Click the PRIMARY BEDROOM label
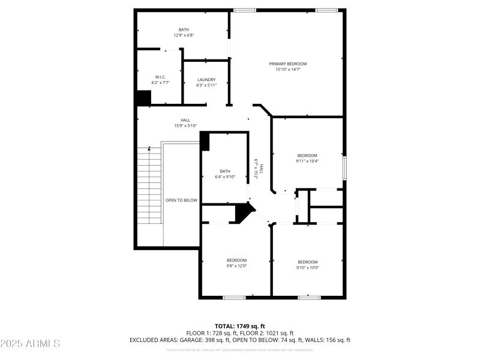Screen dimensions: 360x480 click(287, 64)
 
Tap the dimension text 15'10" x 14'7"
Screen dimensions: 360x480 click(287, 70)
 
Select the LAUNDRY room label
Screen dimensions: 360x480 click(206, 79)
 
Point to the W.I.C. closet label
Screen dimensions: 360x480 click(160, 77)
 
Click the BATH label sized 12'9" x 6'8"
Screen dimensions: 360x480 click(184, 29)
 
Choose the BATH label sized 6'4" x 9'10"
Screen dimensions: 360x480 click(225, 170)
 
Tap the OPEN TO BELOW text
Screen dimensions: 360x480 click(181, 200)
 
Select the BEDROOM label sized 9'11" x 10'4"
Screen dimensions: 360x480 click(307, 155)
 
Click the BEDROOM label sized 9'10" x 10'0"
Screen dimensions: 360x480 click(308, 262)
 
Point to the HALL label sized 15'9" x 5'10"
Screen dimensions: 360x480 click(185, 120)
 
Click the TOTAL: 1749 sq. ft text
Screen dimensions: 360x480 click(240, 326)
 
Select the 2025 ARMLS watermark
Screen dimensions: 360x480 click(30, 344)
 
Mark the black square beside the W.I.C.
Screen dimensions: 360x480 click(143, 98)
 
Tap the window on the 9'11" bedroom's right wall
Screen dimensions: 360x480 click(344, 166)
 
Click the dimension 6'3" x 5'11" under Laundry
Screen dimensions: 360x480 click(206, 85)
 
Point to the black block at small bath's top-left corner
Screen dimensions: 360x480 click(205, 142)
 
